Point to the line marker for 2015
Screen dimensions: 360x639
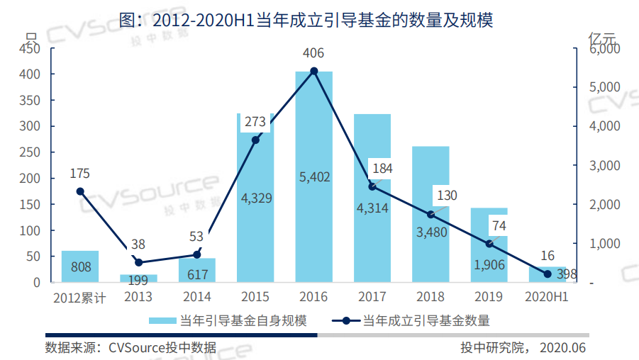click(x=256, y=140)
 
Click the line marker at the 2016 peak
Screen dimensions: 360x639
click(x=314, y=71)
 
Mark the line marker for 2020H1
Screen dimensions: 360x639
click(x=548, y=274)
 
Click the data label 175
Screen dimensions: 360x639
click(x=80, y=174)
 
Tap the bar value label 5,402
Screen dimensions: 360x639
click(x=315, y=177)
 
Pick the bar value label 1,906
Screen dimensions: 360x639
click(x=489, y=264)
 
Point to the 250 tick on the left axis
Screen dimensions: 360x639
click(x=29, y=152)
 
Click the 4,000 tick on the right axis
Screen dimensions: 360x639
click(x=605, y=126)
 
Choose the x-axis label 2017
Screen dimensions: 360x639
click(x=372, y=297)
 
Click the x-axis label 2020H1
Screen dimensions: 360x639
click(x=547, y=297)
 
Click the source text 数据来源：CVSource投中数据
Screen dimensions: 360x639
click(x=130, y=347)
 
